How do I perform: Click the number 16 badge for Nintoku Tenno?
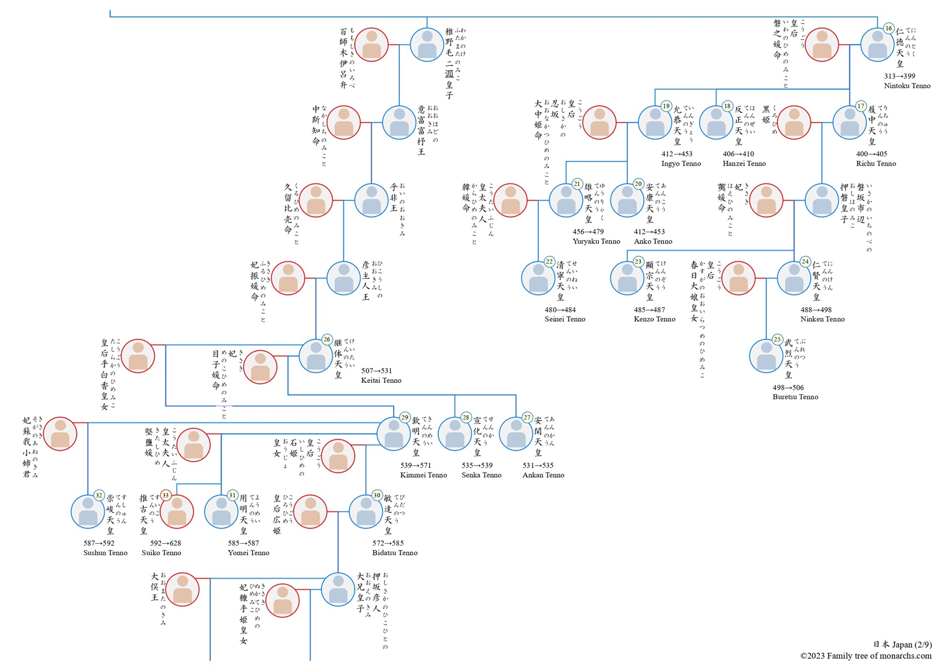click(x=888, y=28)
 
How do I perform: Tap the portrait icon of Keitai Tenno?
click(x=316, y=356)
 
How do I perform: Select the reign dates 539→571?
click(x=416, y=465)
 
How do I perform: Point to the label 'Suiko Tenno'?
click(x=162, y=553)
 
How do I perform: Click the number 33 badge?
click(x=165, y=495)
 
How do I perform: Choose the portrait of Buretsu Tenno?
click(x=766, y=356)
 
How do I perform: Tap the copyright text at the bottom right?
click(x=866, y=656)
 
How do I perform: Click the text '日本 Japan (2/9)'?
click(x=902, y=644)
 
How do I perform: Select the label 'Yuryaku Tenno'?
click(x=596, y=241)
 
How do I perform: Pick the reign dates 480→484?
click(x=560, y=309)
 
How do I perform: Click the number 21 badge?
click(x=577, y=184)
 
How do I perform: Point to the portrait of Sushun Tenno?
click(x=88, y=512)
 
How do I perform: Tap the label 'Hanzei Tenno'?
click(x=744, y=163)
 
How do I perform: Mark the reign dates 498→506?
click(x=788, y=387)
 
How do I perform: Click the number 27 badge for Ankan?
click(x=527, y=417)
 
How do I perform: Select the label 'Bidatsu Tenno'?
click(x=395, y=553)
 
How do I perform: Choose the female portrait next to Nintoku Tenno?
click(x=822, y=45)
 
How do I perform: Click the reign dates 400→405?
click(x=872, y=154)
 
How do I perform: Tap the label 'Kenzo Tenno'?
click(x=655, y=319)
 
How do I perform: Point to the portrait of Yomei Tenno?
click(x=221, y=512)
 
